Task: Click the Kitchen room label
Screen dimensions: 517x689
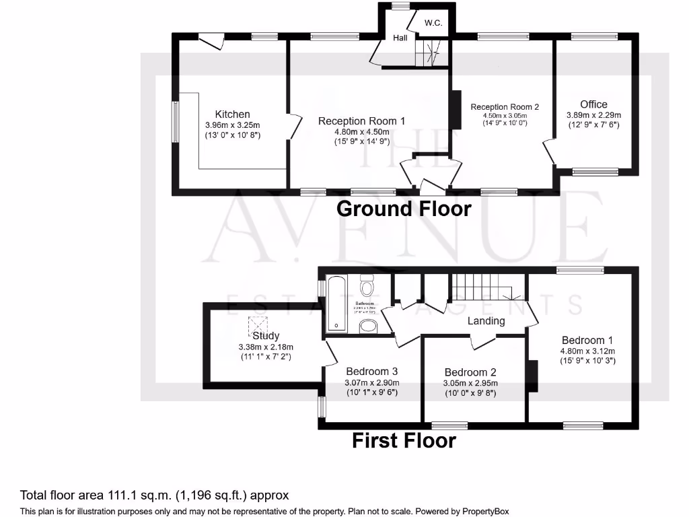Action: coord(232,114)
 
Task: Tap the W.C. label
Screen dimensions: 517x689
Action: coord(433,23)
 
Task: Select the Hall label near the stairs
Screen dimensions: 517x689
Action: coord(400,38)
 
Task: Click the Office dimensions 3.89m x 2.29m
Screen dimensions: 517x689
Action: coord(593,115)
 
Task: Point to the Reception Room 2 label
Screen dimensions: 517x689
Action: coord(505,107)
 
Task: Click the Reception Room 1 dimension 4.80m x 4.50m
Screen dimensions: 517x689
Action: coord(361,131)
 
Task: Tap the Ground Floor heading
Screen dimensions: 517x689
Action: coord(404,209)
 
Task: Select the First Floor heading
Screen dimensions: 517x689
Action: coord(404,441)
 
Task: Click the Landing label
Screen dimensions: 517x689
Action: coord(486,321)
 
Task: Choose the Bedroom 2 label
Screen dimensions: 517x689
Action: coord(470,372)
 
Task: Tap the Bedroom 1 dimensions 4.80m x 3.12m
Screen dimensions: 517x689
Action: coord(587,351)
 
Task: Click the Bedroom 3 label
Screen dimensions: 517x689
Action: coord(372,372)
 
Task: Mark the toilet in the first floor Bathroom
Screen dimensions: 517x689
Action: coord(367,288)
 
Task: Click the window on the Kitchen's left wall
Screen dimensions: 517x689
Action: coord(175,122)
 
